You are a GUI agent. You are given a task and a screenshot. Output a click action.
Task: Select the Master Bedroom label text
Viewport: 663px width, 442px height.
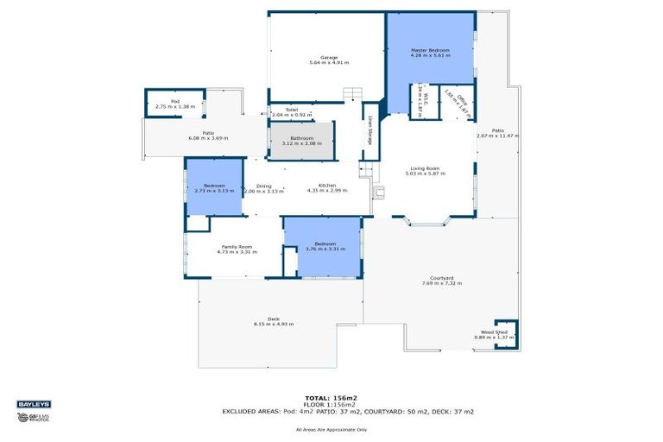(431, 51)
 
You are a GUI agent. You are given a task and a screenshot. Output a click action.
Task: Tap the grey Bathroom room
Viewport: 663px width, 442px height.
(301, 141)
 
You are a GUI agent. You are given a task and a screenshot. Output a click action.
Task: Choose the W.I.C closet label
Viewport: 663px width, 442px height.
(420, 100)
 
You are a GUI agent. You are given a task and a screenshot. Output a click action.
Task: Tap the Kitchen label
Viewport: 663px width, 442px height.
(326, 186)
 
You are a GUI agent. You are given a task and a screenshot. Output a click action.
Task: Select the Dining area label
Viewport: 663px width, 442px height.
(263, 186)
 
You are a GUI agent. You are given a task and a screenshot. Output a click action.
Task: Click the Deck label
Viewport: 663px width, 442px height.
(274, 320)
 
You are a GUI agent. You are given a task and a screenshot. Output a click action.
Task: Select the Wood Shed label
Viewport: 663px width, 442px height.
(494, 332)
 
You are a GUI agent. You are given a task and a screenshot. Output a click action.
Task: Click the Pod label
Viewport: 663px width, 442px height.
(174, 102)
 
